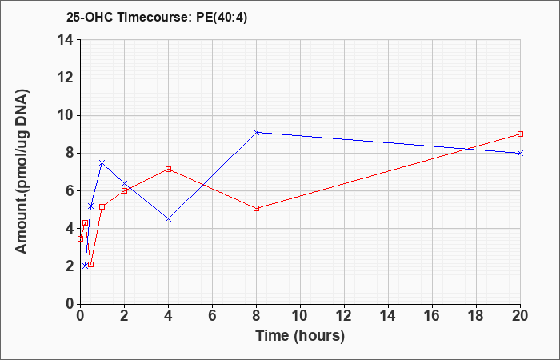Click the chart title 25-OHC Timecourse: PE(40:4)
(x=157, y=17)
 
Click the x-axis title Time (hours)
(x=300, y=336)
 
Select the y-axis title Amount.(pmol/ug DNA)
(x=22, y=171)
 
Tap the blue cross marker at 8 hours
(x=257, y=132)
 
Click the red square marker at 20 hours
(x=520, y=134)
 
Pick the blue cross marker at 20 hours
(x=520, y=154)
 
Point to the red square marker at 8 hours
(x=257, y=208)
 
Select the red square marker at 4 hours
(x=168, y=169)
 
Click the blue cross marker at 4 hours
(x=168, y=219)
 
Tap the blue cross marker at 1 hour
(x=102, y=162)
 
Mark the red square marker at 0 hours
(x=80, y=238)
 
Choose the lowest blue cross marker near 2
(x=85, y=266)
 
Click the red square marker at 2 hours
(x=124, y=190)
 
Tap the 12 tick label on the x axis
(x=344, y=315)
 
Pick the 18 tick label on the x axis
(x=477, y=315)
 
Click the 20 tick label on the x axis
(x=520, y=315)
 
